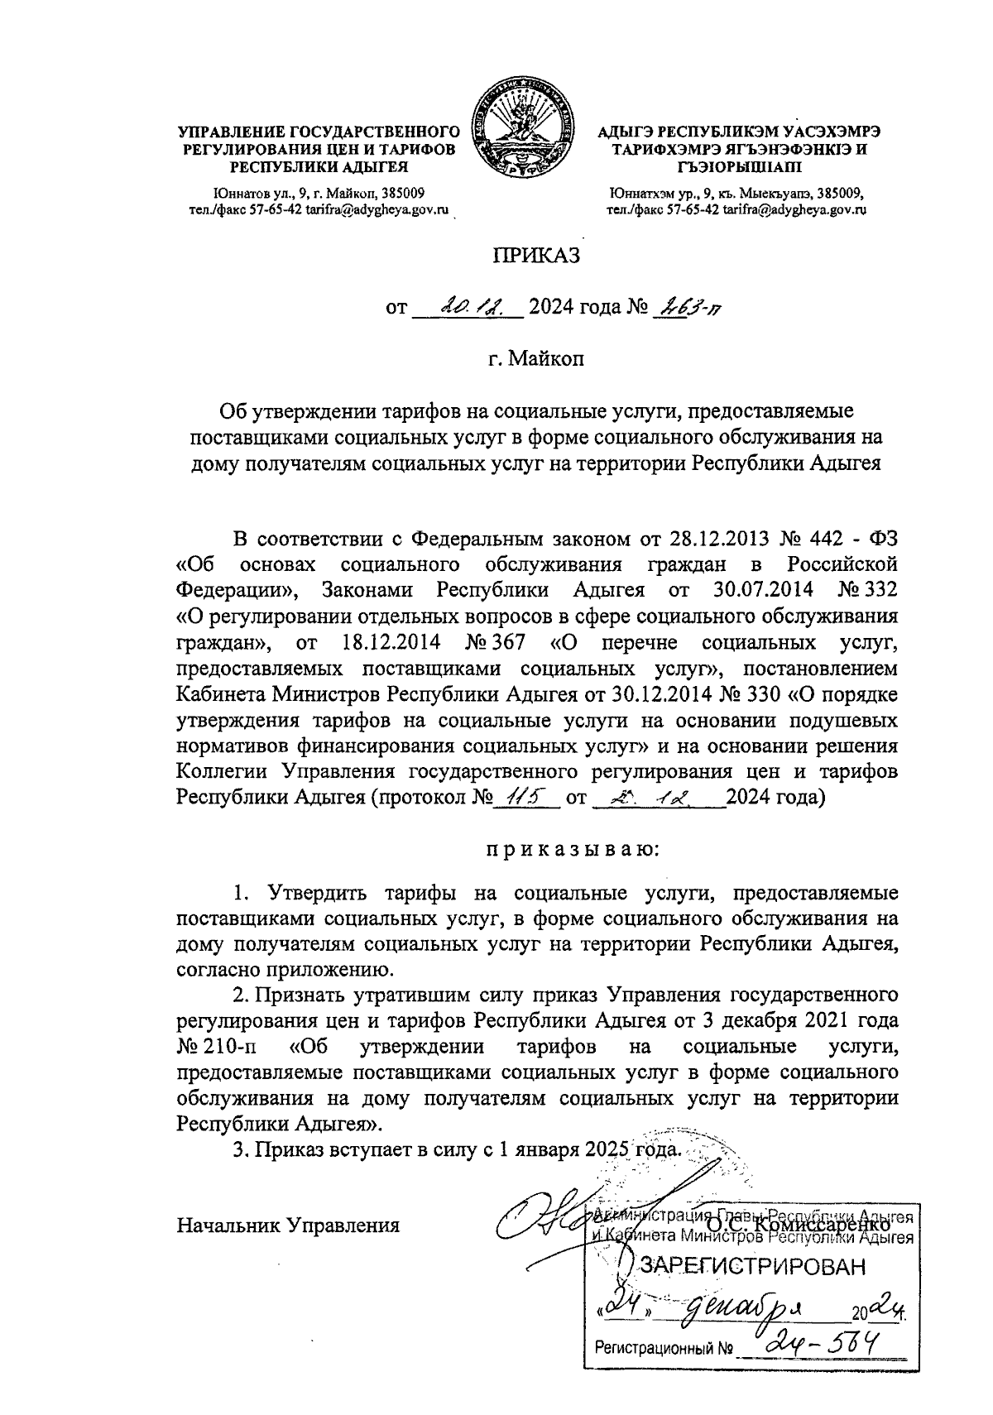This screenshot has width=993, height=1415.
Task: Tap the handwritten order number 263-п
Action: pos(688,308)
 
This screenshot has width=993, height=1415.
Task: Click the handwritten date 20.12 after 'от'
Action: pos(468,308)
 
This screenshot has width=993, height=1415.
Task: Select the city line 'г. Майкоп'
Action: pos(537,360)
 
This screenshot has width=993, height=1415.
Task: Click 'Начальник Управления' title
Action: pos(289,1225)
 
